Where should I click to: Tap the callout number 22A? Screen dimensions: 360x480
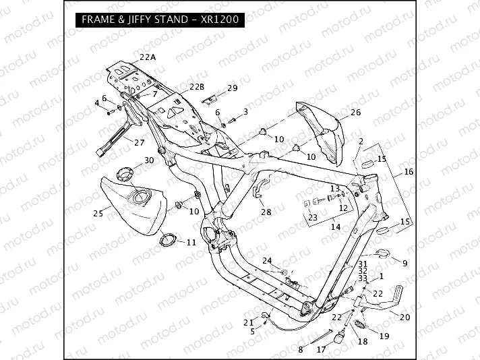(x=147, y=57)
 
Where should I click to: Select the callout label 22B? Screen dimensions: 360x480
(x=196, y=86)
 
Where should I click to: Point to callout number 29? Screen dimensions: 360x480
(x=232, y=88)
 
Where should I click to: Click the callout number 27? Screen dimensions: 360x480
(x=140, y=142)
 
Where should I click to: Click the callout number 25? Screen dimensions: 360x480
(x=98, y=213)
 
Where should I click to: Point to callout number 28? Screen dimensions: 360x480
(x=266, y=211)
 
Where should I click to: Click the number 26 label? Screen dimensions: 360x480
(x=355, y=112)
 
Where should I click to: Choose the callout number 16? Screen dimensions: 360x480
(x=409, y=172)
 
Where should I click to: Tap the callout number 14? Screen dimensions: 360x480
(x=335, y=227)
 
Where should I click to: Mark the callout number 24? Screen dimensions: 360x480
(x=267, y=260)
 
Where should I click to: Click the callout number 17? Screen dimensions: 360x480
(x=321, y=349)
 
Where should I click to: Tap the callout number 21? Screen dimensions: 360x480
(x=247, y=322)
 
